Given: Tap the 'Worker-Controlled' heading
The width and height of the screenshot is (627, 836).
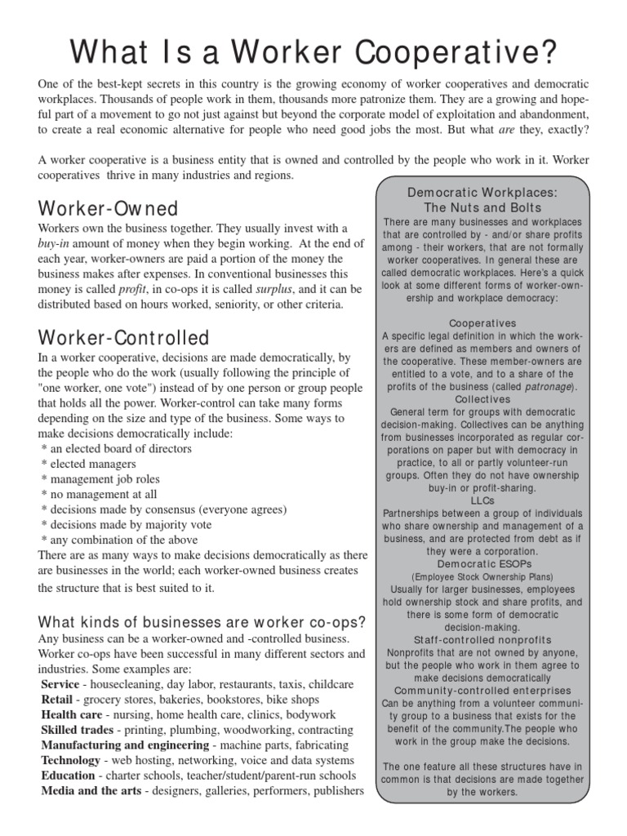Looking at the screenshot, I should pyautogui.click(x=123, y=337).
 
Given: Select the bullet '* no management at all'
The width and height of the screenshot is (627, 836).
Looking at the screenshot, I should pyautogui.click(x=99, y=494).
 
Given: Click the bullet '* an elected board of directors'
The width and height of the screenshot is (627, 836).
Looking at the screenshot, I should pyautogui.click(x=116, y=448).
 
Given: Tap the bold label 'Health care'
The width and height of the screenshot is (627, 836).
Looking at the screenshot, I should pyautogui.click(x=71, y=714).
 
